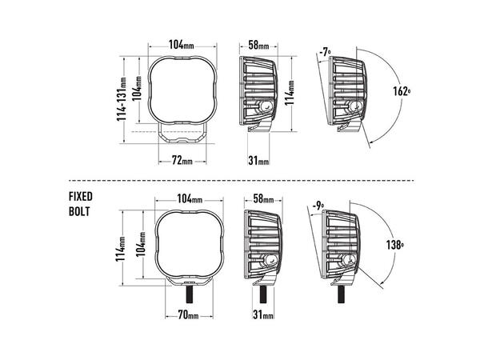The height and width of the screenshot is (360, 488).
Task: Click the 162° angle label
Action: [x=402, y=91]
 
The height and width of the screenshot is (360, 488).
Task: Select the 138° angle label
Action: [x=395, y=245]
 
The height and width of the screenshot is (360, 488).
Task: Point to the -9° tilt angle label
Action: [x=318, y=206]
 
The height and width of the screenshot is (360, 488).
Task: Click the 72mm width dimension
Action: [x=182, y=160]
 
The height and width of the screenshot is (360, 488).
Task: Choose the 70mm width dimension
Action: [x=188, y=315]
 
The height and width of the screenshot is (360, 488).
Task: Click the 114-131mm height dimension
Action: [x=121, y=99]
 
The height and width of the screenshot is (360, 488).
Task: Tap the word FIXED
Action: [x=81, y=196]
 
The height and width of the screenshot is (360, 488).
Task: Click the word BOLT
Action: [x=79, y=211]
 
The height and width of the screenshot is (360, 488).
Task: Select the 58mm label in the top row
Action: [x=258, y=45]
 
